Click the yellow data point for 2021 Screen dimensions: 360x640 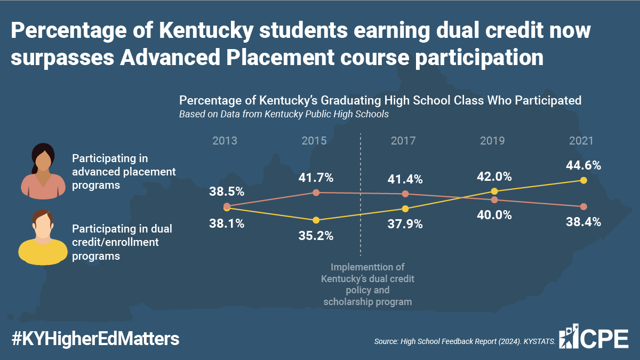[x=583, y=180]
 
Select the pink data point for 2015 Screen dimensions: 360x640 [x=316, y=193]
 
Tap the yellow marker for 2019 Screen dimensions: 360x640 [x=494, y=191]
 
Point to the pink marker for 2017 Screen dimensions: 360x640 [x=405, y=194]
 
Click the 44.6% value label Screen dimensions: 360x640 [x=583, y=165]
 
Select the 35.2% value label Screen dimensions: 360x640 [x=316, y=235]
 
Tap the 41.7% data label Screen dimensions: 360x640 [x=316, y=177]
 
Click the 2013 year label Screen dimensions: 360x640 [x=225, y=141]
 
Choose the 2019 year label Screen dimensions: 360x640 [x=493, y=141]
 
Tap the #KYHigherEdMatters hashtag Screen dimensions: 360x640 [x=95, y=339]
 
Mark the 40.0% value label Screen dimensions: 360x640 [x=494, y=215]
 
